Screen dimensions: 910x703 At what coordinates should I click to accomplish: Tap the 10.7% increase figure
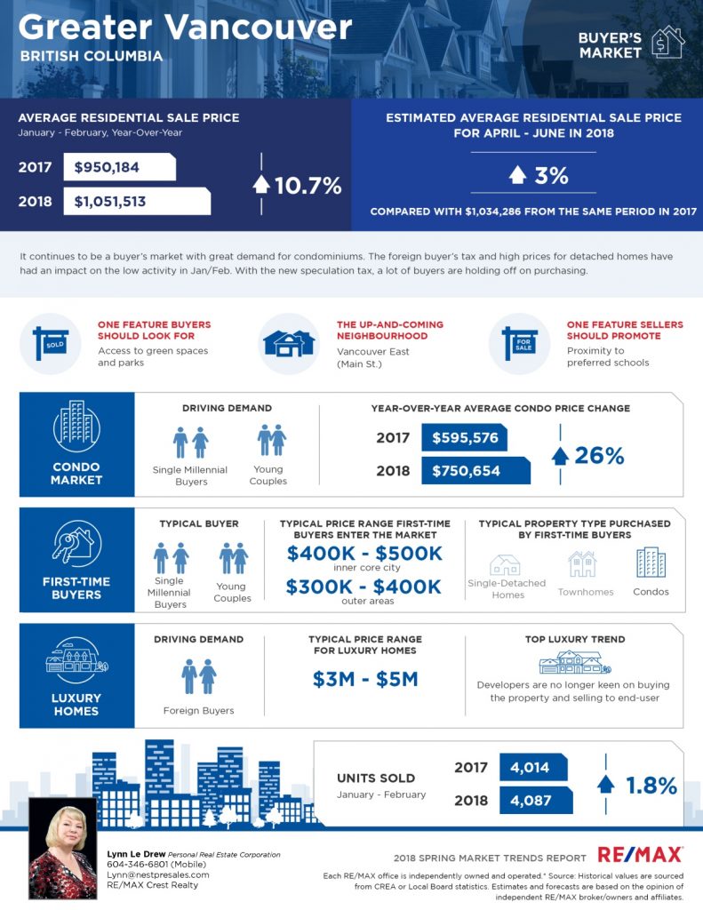click(x=308, y=185)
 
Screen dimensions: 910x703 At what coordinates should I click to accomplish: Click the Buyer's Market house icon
click(x=667, y=42)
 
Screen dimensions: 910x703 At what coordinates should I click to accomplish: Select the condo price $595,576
click(x=465, y=437)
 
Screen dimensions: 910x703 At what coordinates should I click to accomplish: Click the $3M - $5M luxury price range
click(x=365, y=679)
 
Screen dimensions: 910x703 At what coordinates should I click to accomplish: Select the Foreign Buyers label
click(x=199, y=710)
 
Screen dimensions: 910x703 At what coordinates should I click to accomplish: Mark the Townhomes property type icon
click(x=582, y=564)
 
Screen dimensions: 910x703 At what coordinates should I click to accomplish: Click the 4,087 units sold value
click(x=531, y=800)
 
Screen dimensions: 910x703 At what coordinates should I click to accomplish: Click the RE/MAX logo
click(x=640, y=854)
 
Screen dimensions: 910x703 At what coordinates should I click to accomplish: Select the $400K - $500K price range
click(x=364, y=554)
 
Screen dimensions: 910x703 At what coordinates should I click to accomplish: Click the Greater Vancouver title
click(x=185, y=27)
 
